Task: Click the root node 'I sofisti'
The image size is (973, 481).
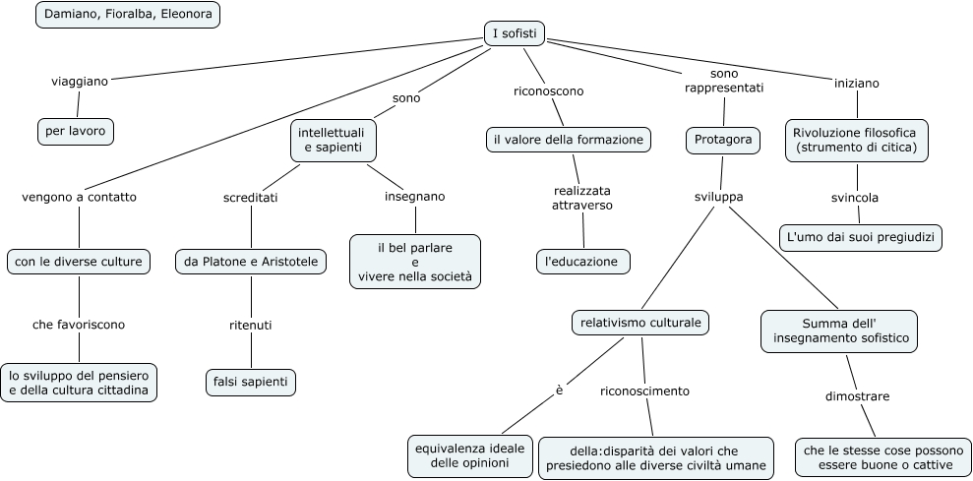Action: pos(515,34)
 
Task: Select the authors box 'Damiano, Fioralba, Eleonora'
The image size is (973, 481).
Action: pos(128,16)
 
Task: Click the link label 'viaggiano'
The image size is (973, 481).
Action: pos(80,82)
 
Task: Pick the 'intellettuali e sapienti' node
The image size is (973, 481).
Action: pos(334,140)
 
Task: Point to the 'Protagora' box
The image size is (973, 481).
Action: pos(723,140)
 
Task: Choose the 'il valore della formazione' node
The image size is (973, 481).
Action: pos(569,140)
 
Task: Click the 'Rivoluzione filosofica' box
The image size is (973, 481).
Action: pos(857,140)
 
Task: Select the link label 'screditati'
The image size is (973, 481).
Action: pos(250,197)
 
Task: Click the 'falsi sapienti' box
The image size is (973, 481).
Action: pos(250,381)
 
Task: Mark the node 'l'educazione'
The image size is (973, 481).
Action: pos(582,262)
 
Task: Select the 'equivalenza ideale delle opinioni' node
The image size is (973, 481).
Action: pos(470,455)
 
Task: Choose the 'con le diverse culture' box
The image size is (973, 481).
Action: pos(79,262)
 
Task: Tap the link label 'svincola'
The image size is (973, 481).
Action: pos(855,198)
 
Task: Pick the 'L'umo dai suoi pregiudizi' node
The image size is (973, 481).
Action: pos(861,237)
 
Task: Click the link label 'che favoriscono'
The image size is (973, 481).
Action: pos(79,324)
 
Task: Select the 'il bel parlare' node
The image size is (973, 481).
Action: pos(414,261)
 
